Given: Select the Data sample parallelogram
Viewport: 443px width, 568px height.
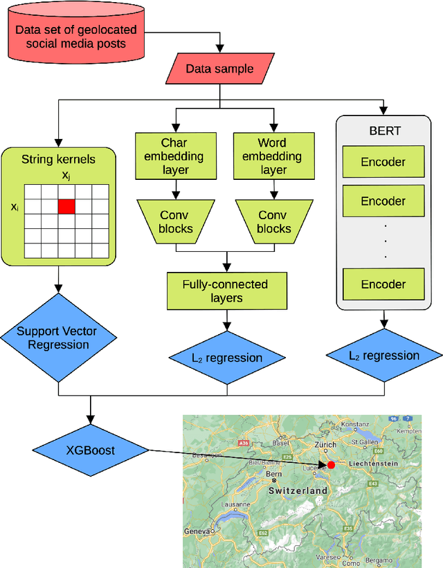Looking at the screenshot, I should click(219, 69).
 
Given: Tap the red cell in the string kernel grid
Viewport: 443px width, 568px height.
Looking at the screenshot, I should click(66, 206).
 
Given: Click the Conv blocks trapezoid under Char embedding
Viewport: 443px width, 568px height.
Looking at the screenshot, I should click(174, 222).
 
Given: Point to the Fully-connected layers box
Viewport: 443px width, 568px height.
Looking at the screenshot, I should click(225, 291).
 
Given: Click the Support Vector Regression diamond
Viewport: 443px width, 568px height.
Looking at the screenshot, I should click(57, 338).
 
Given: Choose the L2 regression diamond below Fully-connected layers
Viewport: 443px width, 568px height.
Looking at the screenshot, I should click(225, 357).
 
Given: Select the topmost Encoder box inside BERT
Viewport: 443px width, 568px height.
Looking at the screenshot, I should click(383, 163).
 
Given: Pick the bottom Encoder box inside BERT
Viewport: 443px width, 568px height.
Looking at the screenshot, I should click(383, 284).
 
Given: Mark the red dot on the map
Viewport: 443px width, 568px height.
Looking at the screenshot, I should click(331, 465).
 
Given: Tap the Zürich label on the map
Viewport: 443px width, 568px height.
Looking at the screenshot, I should click(325, 445).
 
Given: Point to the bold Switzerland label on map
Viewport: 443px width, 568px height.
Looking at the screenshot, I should click(298, 490).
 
